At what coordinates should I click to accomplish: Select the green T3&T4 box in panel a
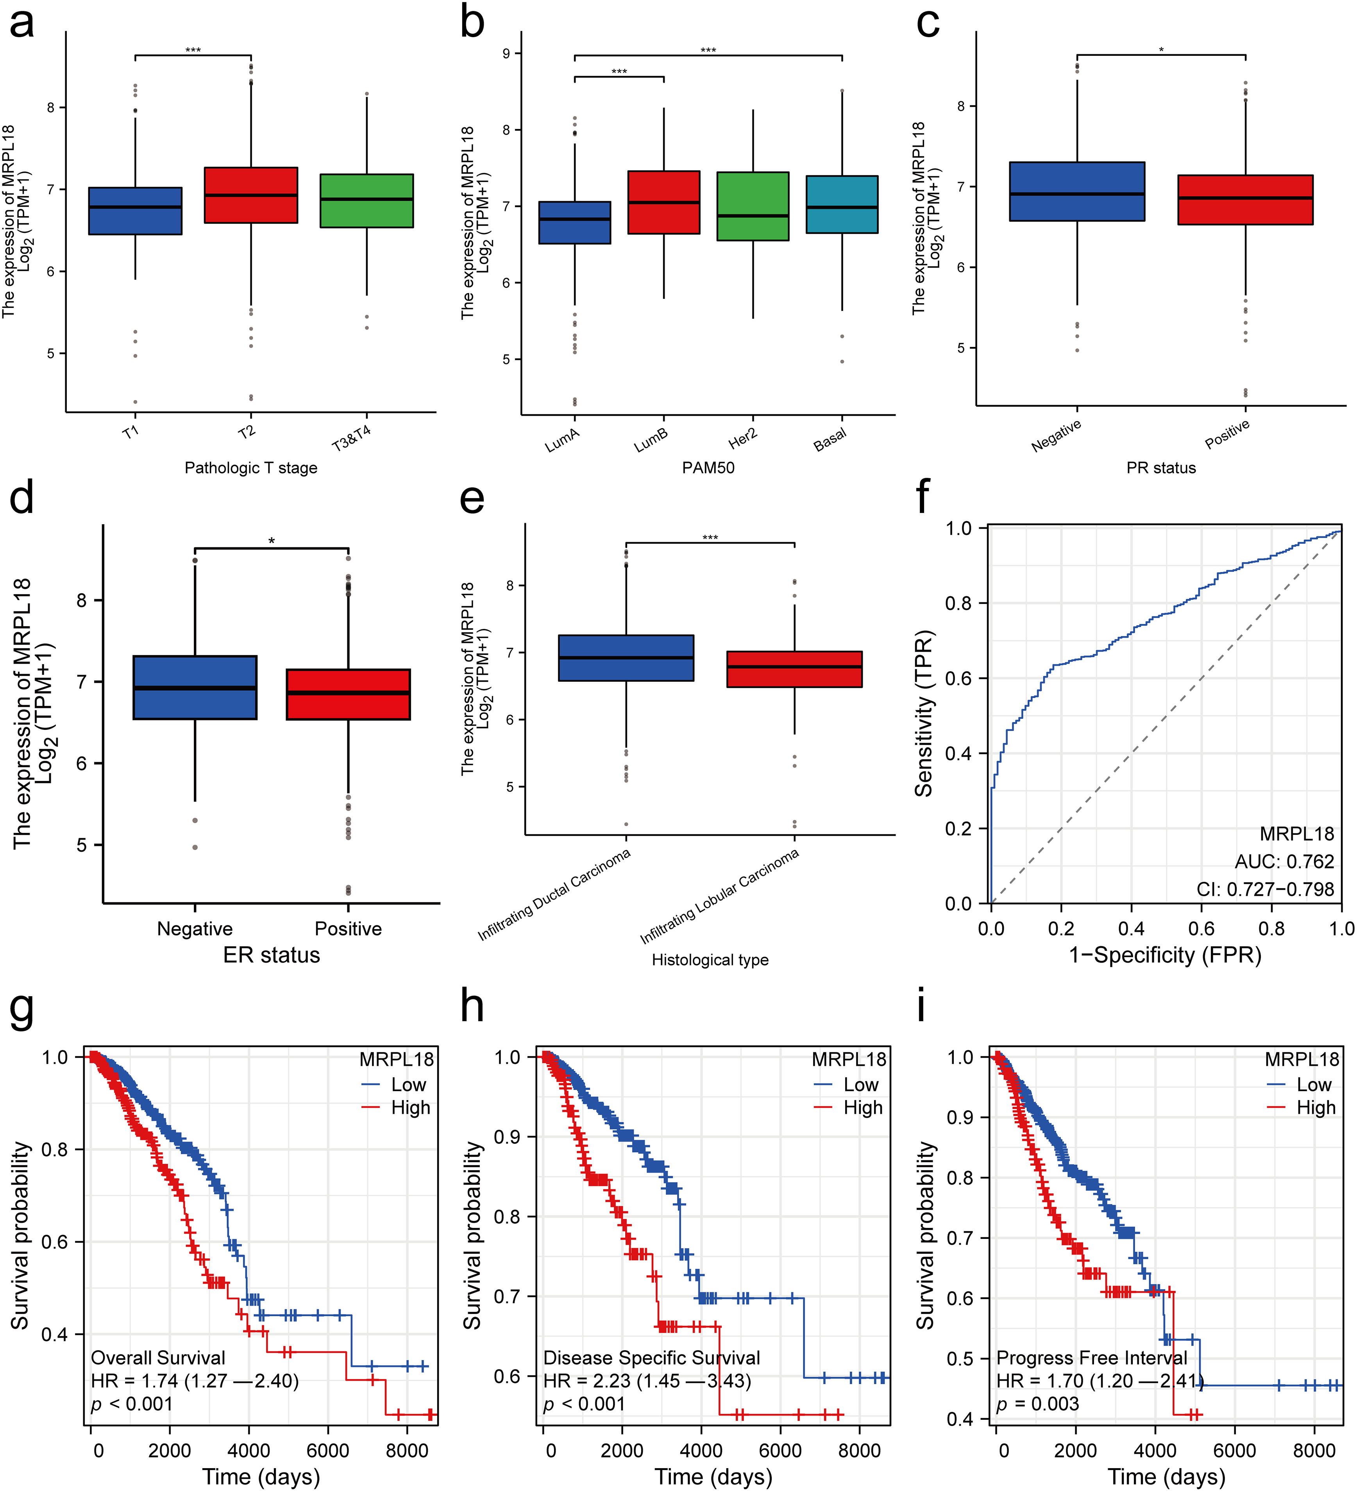(x=367, y=200)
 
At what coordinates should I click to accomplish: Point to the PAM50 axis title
(x=708, y=468)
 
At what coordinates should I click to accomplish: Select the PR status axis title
(x=1161, y=468)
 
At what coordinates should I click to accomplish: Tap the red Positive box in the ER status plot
(x=348, y=694)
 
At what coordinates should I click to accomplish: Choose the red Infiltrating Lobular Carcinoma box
(x=794, y=669)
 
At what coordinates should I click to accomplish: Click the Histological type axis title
(x=710, y=960)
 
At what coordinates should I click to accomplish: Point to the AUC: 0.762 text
(x=1284, y=861)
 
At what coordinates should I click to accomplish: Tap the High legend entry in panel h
(x=862, y=1108)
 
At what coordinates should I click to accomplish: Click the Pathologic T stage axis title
(x=251, y=468)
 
